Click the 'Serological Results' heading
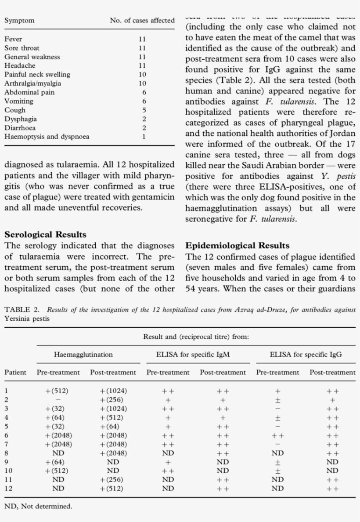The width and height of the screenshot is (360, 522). tap(45, 235)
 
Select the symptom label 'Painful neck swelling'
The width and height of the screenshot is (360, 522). tap(37, 74)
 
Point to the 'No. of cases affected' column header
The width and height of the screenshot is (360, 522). tap(142, 21)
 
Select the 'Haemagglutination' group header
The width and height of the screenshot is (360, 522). tap(83, 354)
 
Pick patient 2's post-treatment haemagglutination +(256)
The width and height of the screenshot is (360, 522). tap(112, 400)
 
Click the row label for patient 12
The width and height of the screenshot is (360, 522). tap(8, 488)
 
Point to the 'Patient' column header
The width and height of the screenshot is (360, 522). tap(15, 372)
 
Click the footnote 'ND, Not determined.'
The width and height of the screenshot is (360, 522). tap(38, 506)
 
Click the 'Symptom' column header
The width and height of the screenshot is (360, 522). tap(19, 21)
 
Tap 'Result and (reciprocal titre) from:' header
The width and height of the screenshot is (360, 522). tap(196, 337)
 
